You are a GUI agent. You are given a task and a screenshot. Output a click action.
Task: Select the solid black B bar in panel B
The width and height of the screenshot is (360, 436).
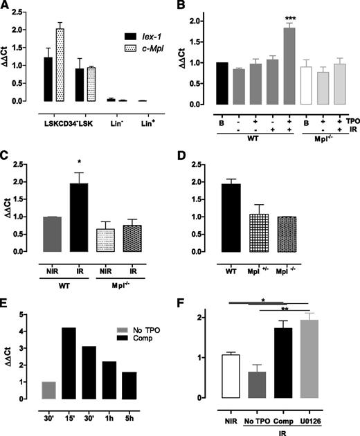point(215,84)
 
